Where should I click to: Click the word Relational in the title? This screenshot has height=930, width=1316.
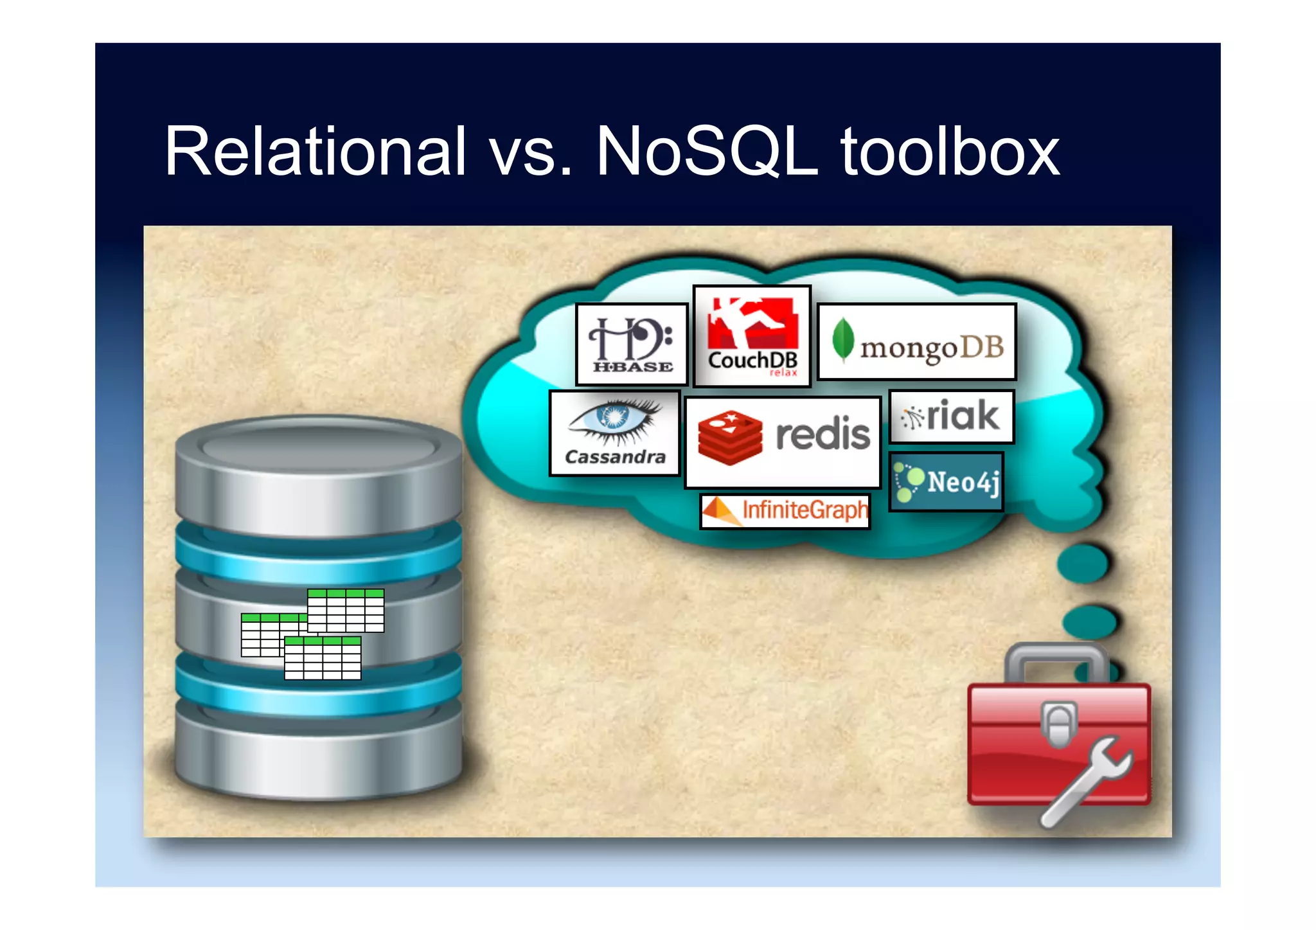point(315,151)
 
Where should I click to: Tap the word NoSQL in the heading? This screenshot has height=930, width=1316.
point(707,151)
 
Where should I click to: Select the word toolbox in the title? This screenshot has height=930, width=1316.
point(950,151)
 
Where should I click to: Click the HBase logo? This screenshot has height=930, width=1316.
point(632,344)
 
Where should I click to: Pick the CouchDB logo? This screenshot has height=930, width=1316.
point(752,336)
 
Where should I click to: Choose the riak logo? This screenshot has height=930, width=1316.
point(951,416)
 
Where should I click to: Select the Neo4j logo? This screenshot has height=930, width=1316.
point(946,482)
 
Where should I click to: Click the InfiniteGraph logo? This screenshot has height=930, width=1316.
point(785,511)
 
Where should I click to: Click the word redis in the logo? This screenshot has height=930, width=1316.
point(822,434)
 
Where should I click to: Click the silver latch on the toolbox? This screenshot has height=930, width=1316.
point(1058,725)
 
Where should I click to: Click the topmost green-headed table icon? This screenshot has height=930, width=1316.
point(346,610)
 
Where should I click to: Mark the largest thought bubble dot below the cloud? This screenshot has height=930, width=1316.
point(1083,563)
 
